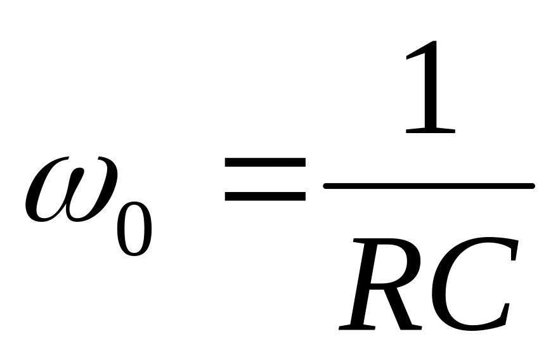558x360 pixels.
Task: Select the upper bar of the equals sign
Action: coord(265,163)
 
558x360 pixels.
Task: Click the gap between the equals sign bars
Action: coord(265,180)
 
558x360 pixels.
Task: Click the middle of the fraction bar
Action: coord(429,186)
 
